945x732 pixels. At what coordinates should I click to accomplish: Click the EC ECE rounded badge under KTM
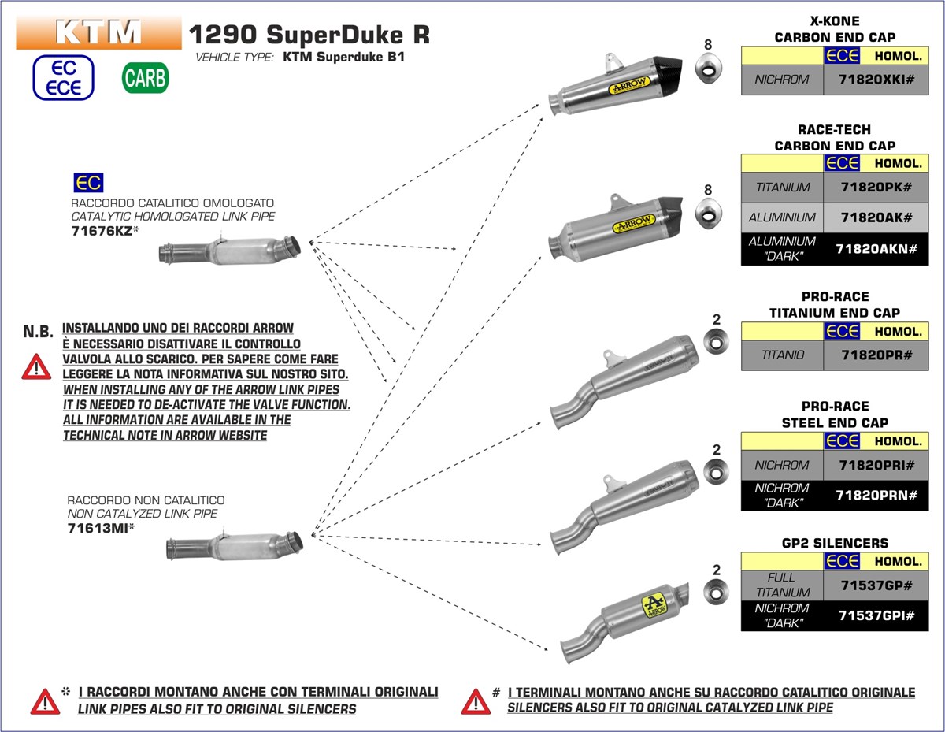pos(64,77)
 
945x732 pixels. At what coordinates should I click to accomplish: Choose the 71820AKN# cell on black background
pos(876,249)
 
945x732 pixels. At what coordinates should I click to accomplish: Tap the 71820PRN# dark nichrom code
pos(876,495)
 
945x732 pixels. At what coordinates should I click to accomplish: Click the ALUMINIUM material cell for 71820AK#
pos(782,217)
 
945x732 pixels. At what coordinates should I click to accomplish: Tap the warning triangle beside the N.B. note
pos(35,366)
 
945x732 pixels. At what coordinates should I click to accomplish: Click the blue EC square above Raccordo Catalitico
pos(87,184)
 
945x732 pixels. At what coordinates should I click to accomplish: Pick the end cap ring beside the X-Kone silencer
pos(708,69)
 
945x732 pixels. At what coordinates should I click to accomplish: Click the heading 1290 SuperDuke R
pos(309,35)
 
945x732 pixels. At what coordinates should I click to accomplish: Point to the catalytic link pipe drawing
pos(230,249)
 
